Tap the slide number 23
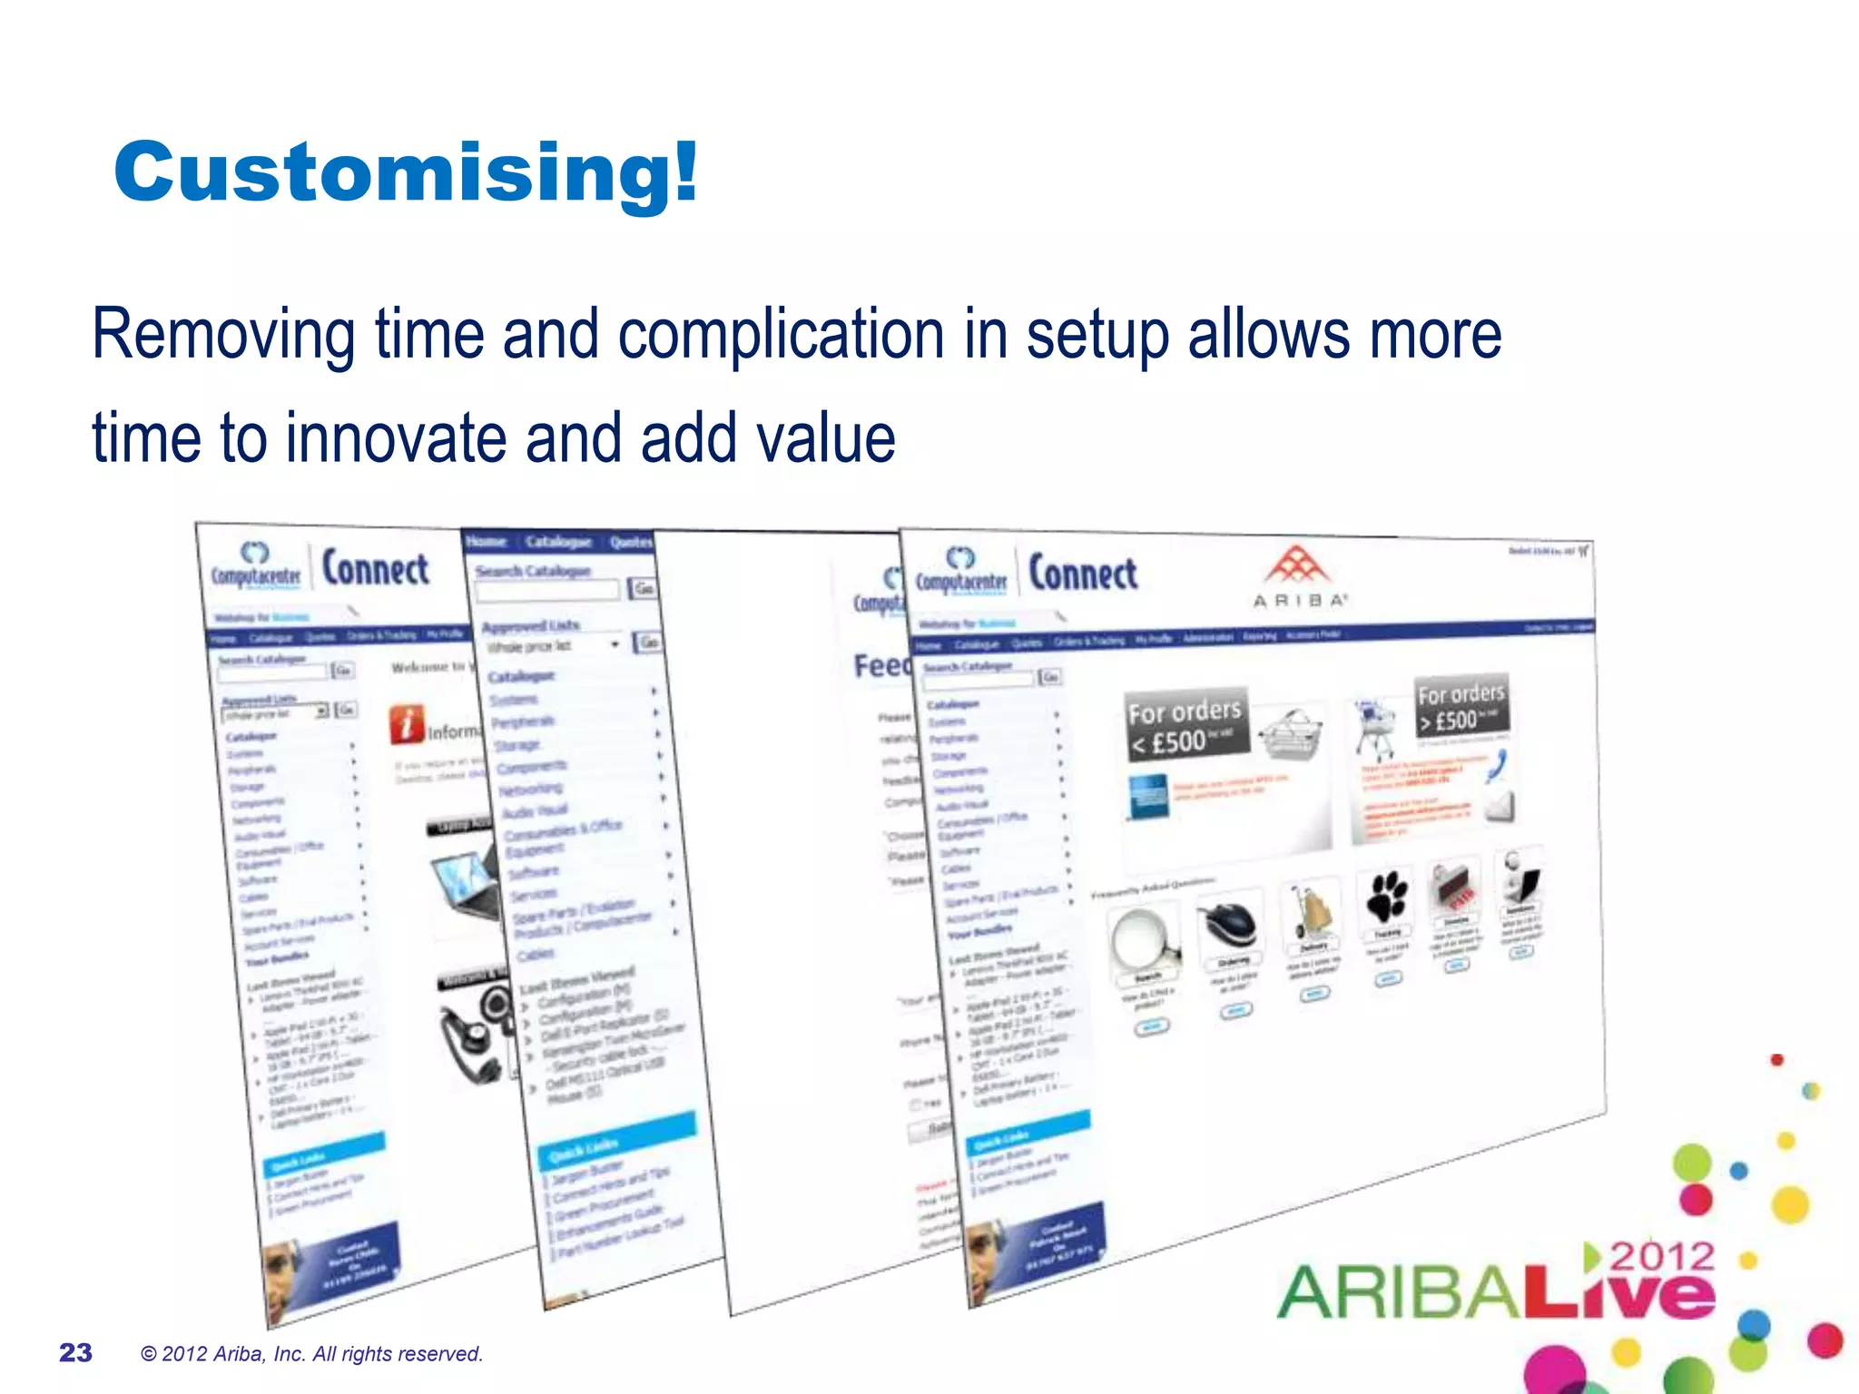(x=75, y=1353)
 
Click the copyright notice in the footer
(x=311, y=1354)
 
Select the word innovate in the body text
(x=396, y=438)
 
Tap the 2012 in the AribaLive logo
(x=1663, y=1257)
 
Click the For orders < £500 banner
(x=1185, y=724)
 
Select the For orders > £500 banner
(x=1461, y=706)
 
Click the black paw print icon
(x=1387, y=897)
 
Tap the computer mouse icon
(x=1230, y=924)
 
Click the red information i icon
(x=408, y=724)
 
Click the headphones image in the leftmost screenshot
(x=472, y=1035)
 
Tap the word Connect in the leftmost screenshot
(x=376, y=570)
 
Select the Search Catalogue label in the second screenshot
(x=533, y=571)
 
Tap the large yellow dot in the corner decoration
(x=1790, y=1204)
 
